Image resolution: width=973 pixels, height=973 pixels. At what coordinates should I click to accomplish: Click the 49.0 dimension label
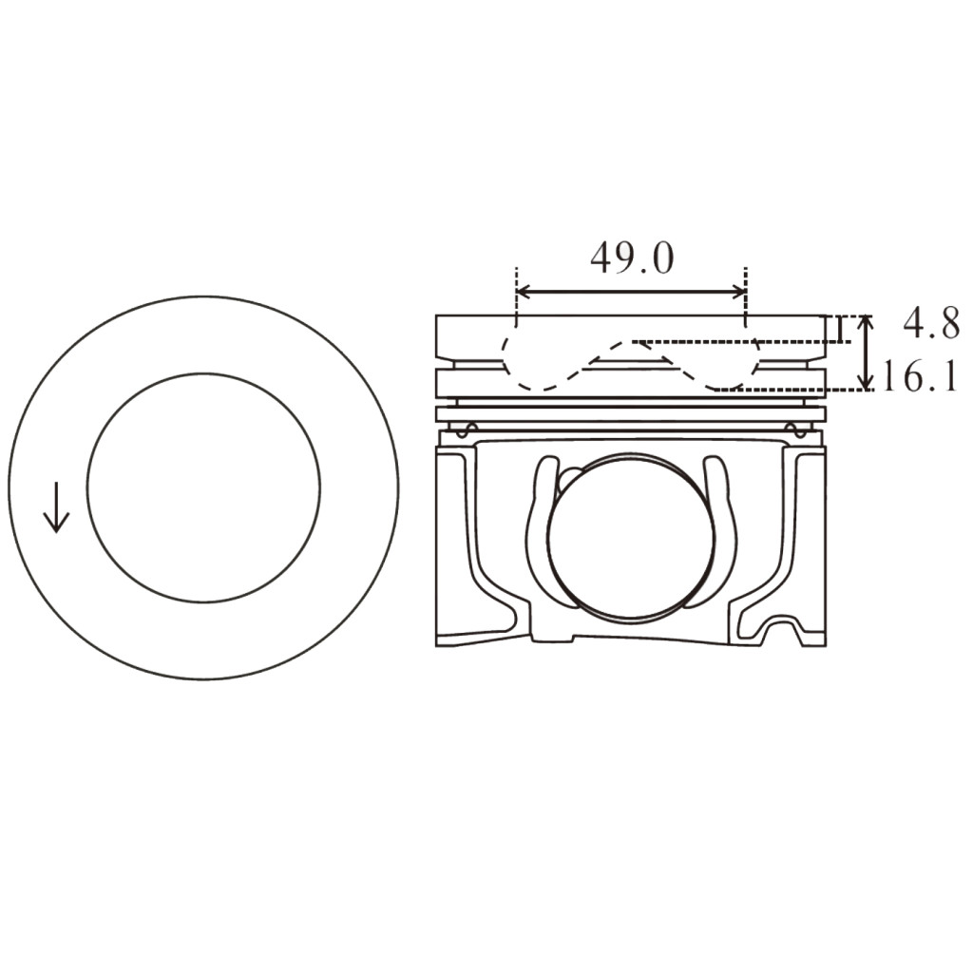click(632, 258)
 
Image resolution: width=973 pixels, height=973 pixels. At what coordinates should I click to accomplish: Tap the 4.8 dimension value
click(930, 324)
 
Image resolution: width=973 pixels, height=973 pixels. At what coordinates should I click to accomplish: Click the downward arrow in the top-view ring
click(56, 507)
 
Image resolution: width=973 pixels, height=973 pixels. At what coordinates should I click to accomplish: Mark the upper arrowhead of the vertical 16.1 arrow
click(865, 321)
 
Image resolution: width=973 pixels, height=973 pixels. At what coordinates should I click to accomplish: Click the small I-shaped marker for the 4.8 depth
click(840, 329)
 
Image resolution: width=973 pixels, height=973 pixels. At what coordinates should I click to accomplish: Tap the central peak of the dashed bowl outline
click(627, 344)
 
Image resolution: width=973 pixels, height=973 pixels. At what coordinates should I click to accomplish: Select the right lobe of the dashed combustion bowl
click(732, 371)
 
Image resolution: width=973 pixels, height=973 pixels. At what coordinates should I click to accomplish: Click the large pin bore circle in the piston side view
click(630, 537)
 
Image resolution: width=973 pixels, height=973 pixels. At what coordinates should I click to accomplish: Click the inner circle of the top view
click(203, 487)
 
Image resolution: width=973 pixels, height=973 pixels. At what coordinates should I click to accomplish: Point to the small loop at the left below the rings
click(465, 430)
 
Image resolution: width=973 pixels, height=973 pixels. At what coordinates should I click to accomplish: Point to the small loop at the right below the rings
click(797, 430)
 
